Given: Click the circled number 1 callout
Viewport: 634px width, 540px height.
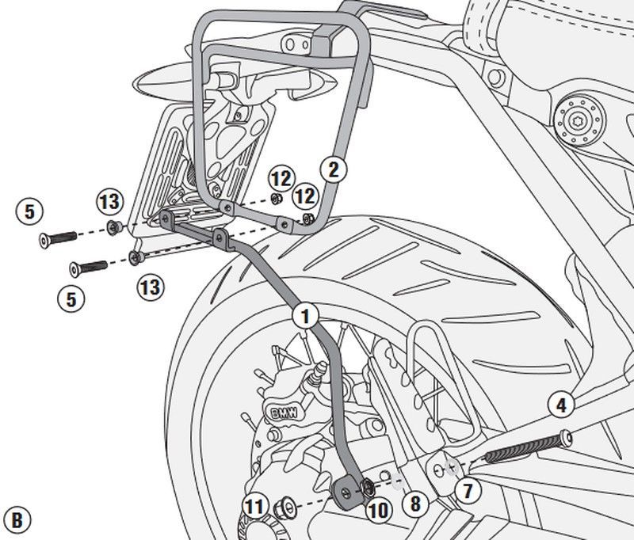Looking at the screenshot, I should coord(307,315).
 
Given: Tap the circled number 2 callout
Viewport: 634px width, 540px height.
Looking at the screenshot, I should coord(334,168).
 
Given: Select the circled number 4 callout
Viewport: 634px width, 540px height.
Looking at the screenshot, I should coord(560,406).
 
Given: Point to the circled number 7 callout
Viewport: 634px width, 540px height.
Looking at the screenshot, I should coord(468,490).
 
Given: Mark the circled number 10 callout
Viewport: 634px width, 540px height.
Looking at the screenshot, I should coord(379,511).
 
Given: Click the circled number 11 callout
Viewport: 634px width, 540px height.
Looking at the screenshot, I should coord(254,506).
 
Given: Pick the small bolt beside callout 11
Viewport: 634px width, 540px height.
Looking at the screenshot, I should coord(282,506).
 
